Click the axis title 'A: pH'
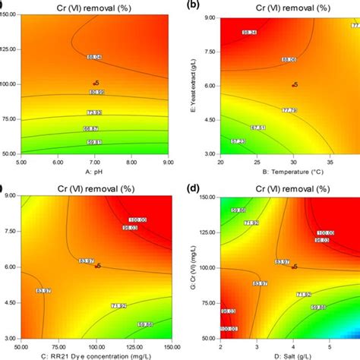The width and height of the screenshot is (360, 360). tap(95, 172)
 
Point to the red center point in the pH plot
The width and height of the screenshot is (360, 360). tap(95, 84)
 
